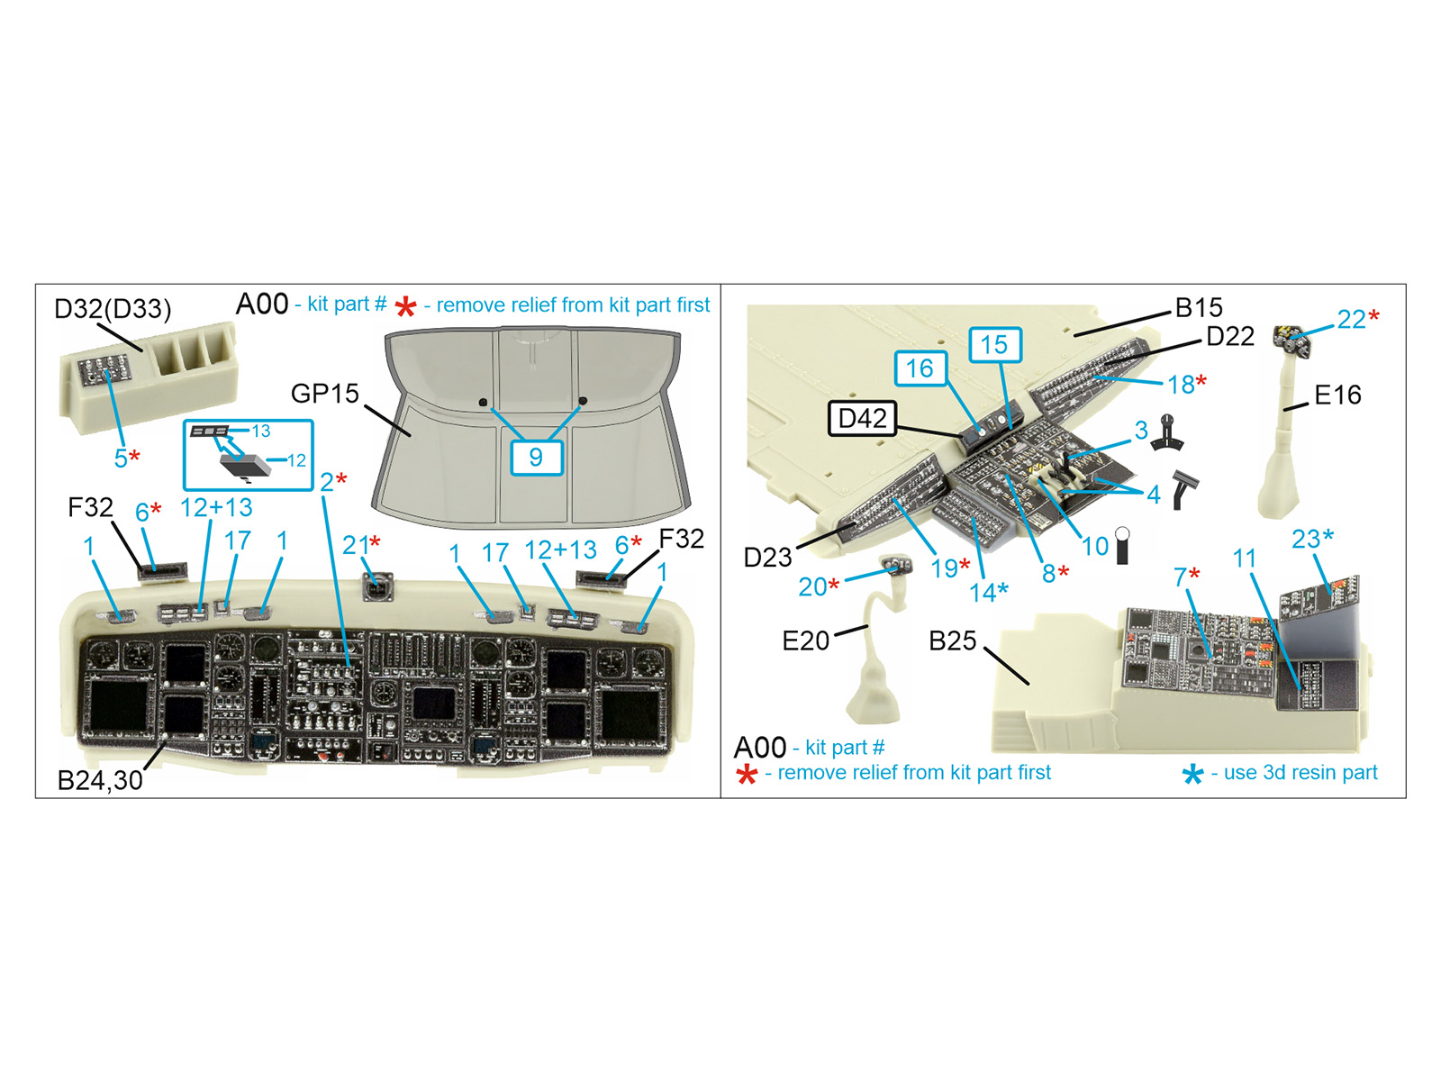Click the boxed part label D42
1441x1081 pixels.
tap(862, 418)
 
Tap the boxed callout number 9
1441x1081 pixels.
tap(536, 457)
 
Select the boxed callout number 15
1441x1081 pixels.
tap(994, 345)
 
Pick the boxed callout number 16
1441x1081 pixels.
tap(920, 368)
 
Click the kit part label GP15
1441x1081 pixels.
tap(325, 393)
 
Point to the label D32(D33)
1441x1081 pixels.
tap(113, 308)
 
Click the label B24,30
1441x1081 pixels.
tap(100, 780)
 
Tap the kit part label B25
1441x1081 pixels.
tap(952, 640)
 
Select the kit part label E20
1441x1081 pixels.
tap(805, 640)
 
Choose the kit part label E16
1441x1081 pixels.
tap(1337, 395)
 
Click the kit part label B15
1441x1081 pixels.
tap(1199, 307)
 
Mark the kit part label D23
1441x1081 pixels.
tap(767, 558)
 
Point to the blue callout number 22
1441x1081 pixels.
tap(1351, 319)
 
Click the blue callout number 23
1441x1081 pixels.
tap(1306, 539)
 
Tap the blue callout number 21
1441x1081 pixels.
tap(355, 545)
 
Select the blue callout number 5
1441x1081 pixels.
tap(121, 459)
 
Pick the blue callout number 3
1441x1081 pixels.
tap(1141, 431)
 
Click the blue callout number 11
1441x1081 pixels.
tap(1244, 558)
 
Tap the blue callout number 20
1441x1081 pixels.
tap(811, 586)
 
